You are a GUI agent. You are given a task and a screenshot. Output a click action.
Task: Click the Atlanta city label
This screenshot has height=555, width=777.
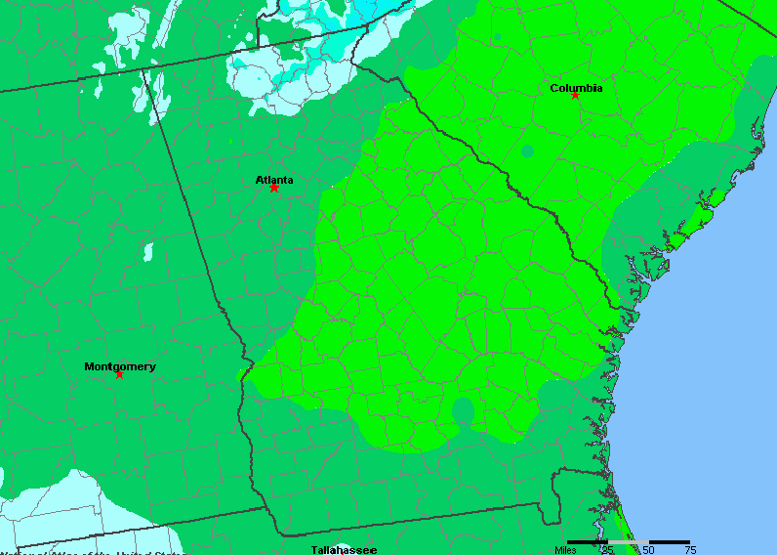click(x=274, y=180)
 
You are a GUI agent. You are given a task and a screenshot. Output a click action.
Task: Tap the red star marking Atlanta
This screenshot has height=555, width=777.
click(x=274, y=188)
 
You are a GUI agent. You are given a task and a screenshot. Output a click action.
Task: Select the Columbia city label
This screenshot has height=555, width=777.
click(x=576, y=88)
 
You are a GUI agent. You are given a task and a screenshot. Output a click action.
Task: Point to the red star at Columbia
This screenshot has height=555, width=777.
click(x=576, y=96)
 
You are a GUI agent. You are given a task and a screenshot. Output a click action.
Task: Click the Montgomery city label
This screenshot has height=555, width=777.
click(x=119, y=367)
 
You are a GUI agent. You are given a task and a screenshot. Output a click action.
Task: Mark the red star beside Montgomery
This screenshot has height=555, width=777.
click(x=119, y=374)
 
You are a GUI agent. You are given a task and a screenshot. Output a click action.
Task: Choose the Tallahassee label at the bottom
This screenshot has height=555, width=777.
click(x=344, y=550)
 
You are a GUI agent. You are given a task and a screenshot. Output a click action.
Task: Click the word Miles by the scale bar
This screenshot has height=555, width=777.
click(x=566, y=550)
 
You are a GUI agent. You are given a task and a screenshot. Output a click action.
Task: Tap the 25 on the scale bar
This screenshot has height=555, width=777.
click(x=607, y=550)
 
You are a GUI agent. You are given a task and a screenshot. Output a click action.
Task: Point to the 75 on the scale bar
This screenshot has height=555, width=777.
click(x=689, y=550)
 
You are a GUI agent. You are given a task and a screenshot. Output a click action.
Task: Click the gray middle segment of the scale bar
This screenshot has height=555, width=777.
click(x=628, y=541)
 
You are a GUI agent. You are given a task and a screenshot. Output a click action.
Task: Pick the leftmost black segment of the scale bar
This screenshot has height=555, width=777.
click(x=588, y=541)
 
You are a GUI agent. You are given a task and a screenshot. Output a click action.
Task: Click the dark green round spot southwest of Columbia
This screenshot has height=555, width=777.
click(x=528, y=151)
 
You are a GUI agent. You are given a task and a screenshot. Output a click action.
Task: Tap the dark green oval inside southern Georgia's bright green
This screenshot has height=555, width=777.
click(x=463, y=411)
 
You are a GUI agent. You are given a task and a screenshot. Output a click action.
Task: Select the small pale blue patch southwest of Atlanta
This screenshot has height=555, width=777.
click(x=148, y=252)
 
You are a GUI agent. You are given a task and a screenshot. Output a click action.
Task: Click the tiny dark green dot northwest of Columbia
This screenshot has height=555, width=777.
click(x=497, y=37)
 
